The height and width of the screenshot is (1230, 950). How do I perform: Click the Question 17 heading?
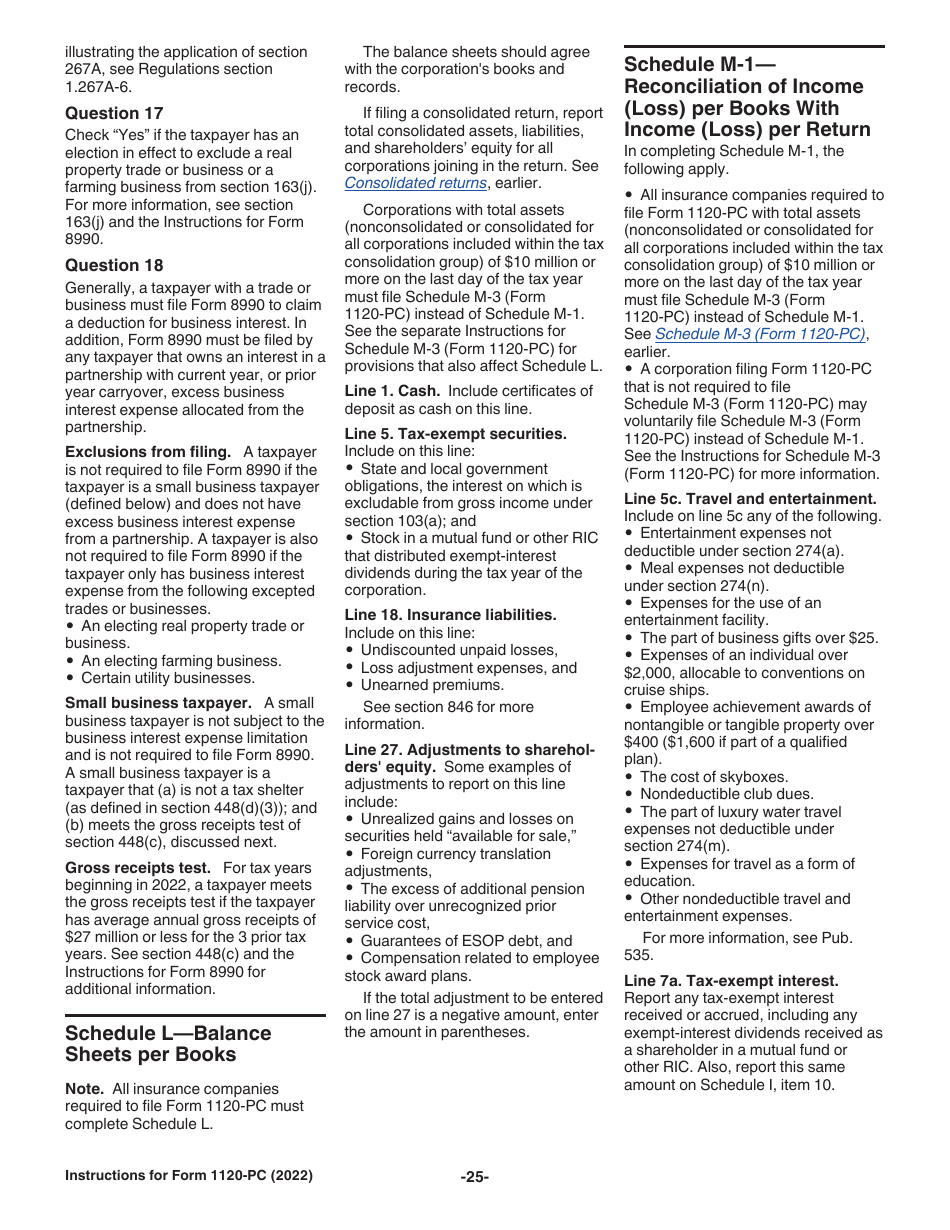point(114,113)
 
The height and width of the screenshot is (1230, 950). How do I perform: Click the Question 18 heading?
point(114,265)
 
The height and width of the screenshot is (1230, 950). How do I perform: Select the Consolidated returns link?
point(415,183)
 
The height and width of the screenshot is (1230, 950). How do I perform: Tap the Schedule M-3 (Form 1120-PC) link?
point(760,334)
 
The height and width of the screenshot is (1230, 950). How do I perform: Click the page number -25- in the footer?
point(474,1176)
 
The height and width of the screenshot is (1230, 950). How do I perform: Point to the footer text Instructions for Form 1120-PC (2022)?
point(188,1176)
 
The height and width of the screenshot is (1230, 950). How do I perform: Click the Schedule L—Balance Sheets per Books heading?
point(168,1043)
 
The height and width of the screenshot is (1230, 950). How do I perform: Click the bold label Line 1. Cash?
point(392,391)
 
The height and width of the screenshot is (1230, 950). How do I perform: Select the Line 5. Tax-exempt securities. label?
point(455,434)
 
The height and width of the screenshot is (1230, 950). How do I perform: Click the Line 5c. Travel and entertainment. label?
point(750,498)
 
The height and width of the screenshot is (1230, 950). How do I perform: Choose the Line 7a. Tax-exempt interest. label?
point(731,980)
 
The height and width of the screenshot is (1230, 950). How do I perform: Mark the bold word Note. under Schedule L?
point(84,1089)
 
